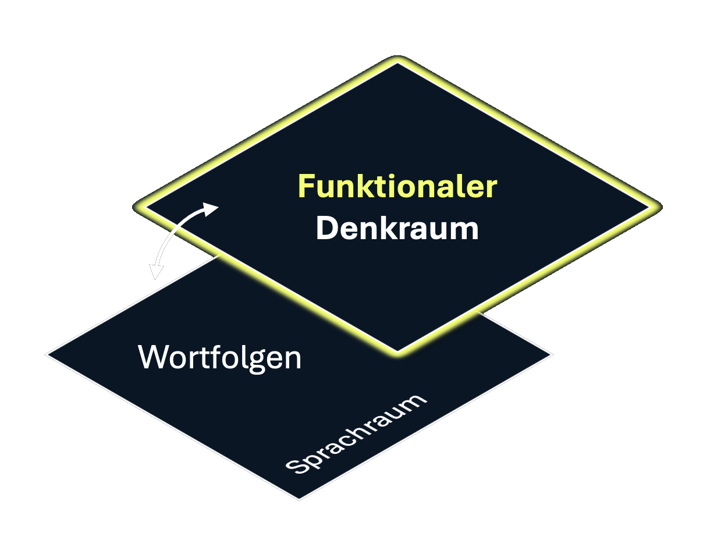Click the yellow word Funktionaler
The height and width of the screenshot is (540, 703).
[x=397, y=187]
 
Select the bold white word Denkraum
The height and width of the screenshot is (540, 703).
[x=397, y=229]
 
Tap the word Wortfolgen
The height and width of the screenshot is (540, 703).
[x=220, y=357]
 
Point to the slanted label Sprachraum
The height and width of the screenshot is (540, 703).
[x=356, y=434]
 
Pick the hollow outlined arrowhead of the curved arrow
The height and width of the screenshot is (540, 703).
[x=155, y=272]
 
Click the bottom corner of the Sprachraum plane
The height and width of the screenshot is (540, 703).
[x=299, y=499]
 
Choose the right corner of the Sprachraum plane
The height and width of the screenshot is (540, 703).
[x=550, y=353]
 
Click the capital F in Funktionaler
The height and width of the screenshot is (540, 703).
[x=306, y=187]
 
